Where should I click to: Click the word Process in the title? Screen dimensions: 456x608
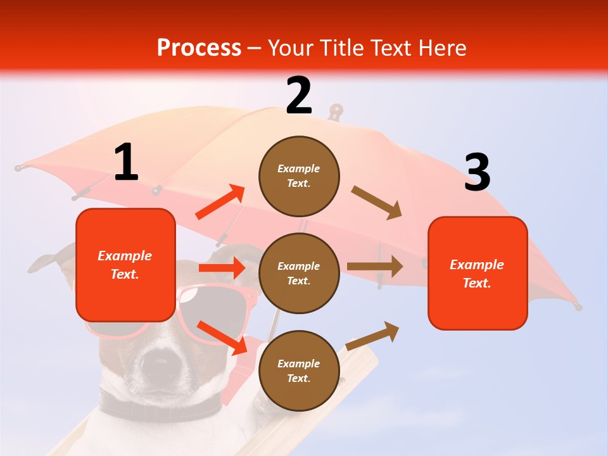pyautogui.click(x=199, y=48)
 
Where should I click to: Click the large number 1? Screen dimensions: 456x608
pyautogui.click(x=126, y=163)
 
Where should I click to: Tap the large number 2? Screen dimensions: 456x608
pyautogui.click(x=299, y=96)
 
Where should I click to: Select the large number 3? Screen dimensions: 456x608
pyautogui.click(x=477, y=173)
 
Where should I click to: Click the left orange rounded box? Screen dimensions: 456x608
pyautogui.click(x=125, y=265)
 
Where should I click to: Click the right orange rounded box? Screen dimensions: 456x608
pyautogui.click(x=478, y=273)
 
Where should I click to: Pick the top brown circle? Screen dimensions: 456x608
pyautogui.click(x=299, y=176)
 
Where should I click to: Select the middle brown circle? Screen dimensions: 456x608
pyautogui.click(x=299, y=273)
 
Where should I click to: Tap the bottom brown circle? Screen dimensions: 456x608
pyautogui.click(x=299, y=370)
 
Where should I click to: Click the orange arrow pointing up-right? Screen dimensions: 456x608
pyautogui.click(x=220, y=202)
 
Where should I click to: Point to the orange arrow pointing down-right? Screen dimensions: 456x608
pyautogui.click(x=222, y=338)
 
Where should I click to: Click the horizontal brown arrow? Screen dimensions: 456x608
pyautogui.click(x=375, y=267)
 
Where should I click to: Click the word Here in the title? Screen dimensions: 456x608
pyautogui.click(x=443, y=48)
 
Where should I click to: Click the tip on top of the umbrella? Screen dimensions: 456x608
pyautogui.click(x=335, y=111)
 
